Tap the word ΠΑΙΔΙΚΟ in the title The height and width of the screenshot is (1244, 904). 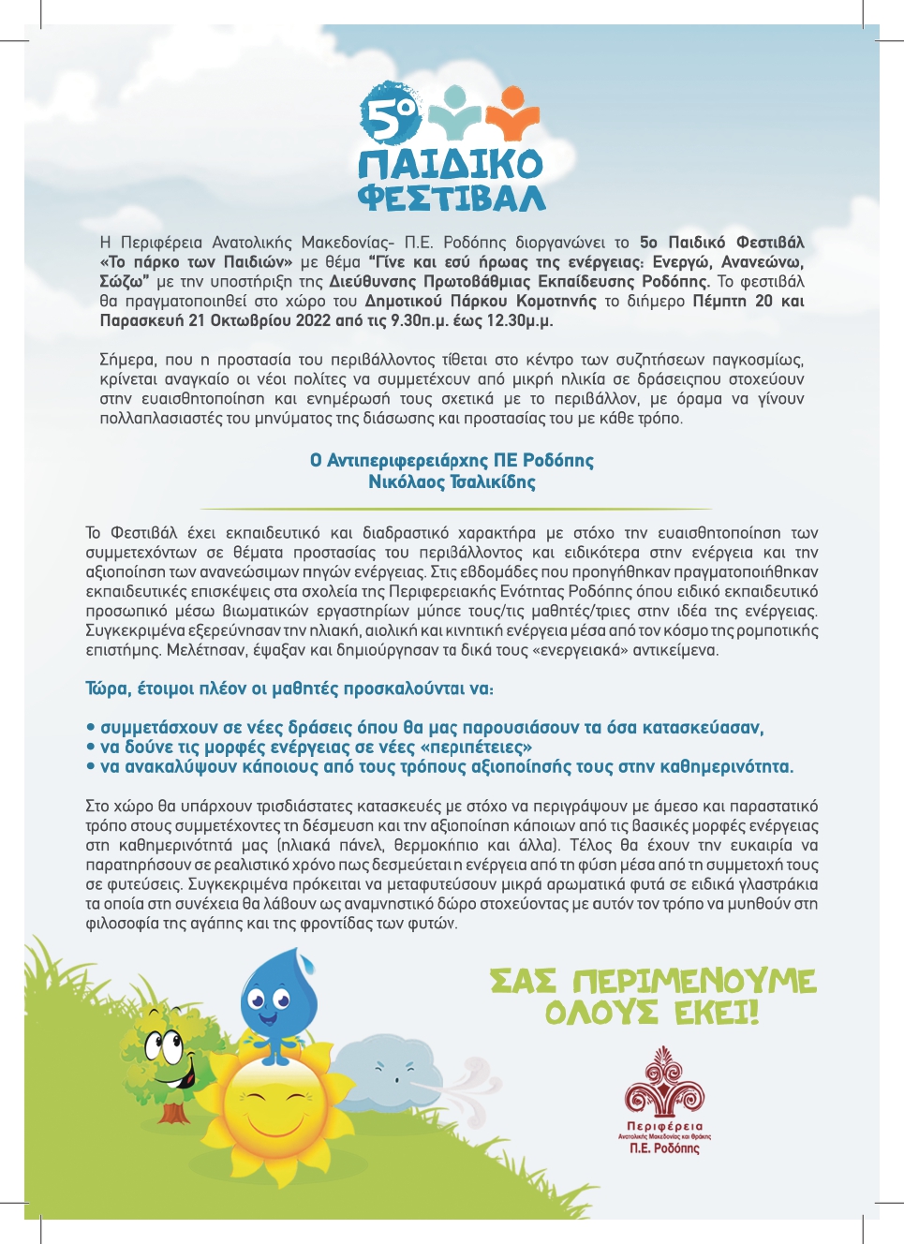[451, 164]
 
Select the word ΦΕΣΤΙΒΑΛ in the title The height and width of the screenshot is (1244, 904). [452, 197]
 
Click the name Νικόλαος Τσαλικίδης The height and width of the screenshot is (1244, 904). [452, 482]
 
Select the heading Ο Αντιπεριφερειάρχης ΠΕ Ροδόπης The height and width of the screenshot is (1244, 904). [452, 461]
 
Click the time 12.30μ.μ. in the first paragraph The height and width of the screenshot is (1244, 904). [523, 320]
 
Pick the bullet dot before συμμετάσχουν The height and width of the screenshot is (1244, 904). [91, 728]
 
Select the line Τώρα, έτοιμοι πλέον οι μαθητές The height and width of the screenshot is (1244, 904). [289, 689]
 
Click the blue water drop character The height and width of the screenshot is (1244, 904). [277, 1002]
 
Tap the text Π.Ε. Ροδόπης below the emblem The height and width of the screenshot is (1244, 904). [664, 1148]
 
